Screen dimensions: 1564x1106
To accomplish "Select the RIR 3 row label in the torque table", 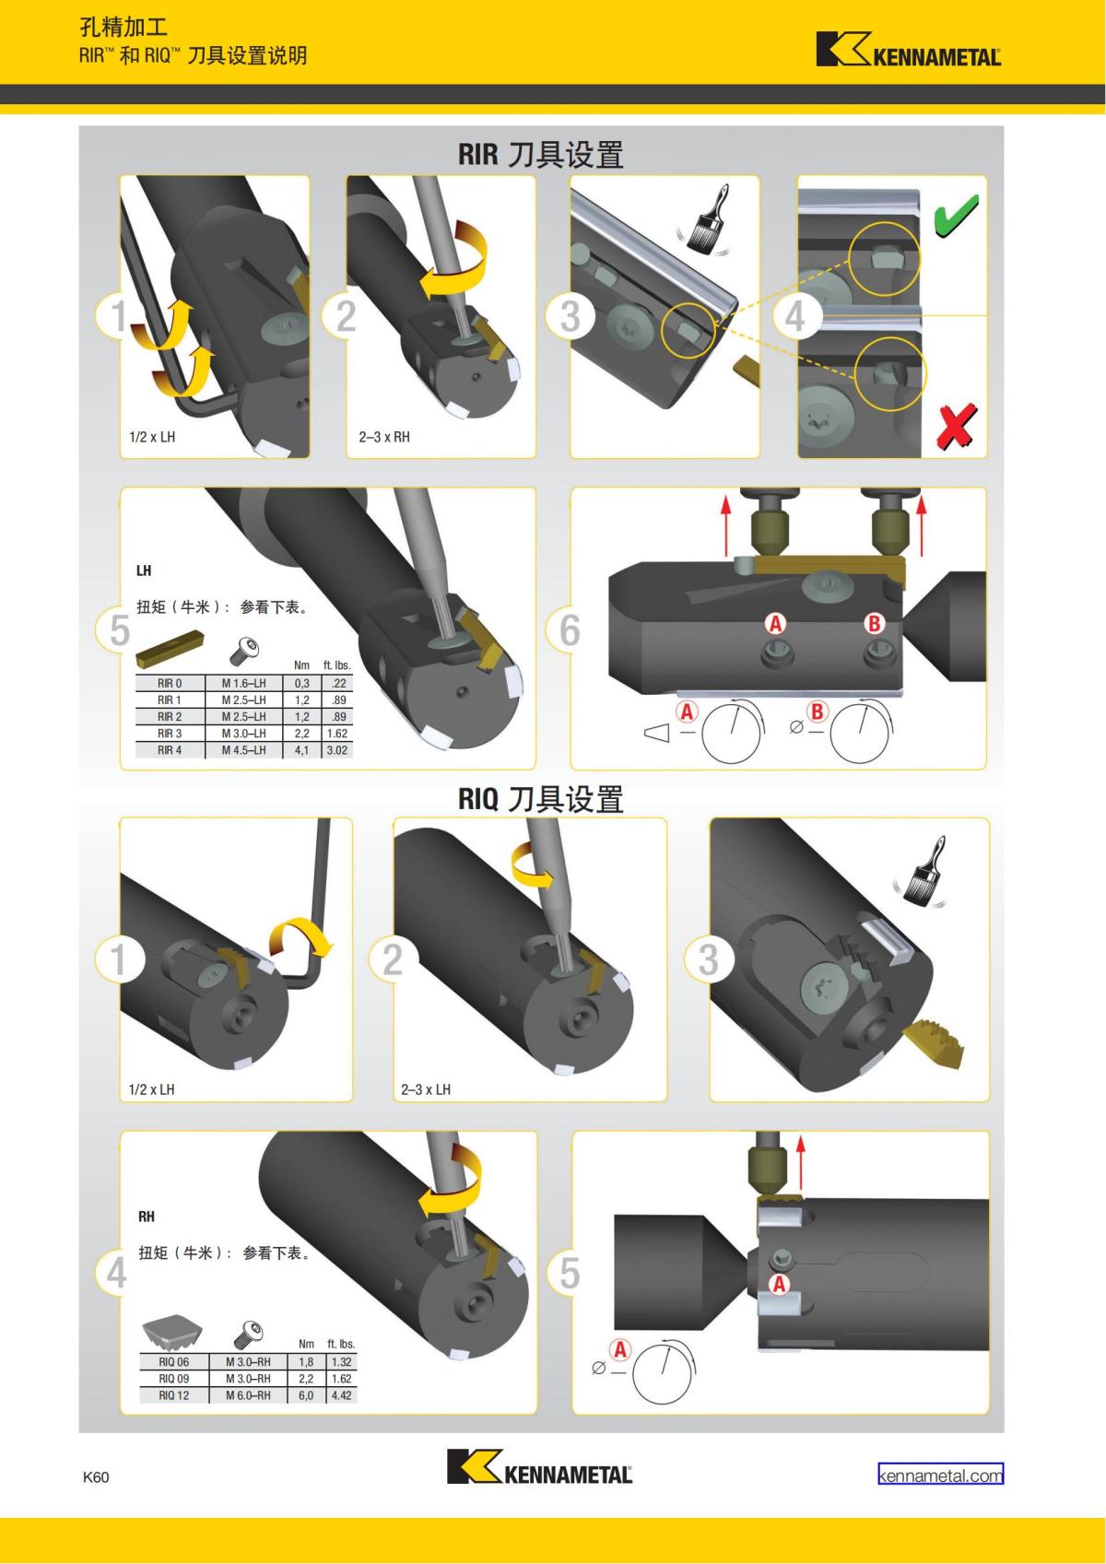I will [x=170, y=734].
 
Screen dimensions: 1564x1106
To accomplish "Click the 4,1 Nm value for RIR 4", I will [x=302, y=750].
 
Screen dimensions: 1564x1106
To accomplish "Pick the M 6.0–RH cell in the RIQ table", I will [x=248, y=1395].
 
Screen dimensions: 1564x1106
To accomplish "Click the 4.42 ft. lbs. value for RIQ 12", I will [x=341, y=1395].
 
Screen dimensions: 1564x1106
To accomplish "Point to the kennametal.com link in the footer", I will [x=940, y=1475].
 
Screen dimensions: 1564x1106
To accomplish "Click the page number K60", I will [x=96, y=1477].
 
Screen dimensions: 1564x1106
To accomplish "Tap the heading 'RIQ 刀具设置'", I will [x=540, y=799].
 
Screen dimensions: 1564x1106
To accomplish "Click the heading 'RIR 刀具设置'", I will [x=540, y=154].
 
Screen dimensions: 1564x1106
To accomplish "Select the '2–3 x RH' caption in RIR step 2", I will [x=384, y=437].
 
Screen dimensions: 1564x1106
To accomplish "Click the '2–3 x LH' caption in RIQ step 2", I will [x=426, y=1089].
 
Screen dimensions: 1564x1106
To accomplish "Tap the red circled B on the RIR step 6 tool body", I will [x=874, y=624].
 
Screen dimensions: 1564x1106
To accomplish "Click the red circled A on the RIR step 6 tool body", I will [x=776, y=624].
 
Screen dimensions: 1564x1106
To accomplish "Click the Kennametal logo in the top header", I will [x=908, y=50].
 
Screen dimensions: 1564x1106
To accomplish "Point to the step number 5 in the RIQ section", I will [x=570, y=1273].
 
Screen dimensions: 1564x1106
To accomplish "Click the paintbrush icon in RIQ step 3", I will [x=921, y=872].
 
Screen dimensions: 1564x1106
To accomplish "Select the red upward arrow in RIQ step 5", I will [x=800, y=1164].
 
